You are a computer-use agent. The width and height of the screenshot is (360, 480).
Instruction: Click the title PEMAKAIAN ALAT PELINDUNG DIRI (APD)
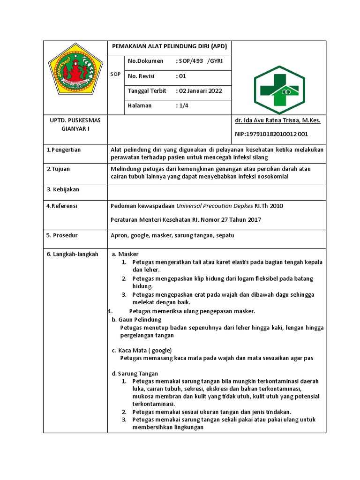[x=169, y=46]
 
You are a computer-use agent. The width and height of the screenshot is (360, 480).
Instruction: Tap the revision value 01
[x=181, y=76]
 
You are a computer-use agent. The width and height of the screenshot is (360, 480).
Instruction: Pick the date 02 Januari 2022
[x=200, y=91]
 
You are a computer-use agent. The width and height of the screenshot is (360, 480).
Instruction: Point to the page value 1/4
[x=182, y=106]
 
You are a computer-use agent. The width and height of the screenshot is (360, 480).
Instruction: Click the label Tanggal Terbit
[x=147, y=91]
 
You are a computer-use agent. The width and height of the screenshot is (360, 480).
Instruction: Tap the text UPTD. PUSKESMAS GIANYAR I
[x=75, y=125]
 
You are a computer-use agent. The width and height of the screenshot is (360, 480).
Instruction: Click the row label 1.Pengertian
[x=64, y=150]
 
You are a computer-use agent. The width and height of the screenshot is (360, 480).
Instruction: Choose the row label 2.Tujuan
[x=58, y=169]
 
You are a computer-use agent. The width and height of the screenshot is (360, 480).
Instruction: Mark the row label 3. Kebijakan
[x=63, y=189]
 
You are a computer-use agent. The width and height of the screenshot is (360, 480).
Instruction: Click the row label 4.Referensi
[x=62, y=206]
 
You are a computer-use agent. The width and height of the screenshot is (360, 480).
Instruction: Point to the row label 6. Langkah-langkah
[x=72, y=254]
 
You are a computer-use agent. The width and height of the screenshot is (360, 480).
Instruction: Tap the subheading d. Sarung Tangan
[x=135, y=374]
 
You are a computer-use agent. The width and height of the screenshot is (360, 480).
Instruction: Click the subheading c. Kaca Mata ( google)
[x=142, y=350]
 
